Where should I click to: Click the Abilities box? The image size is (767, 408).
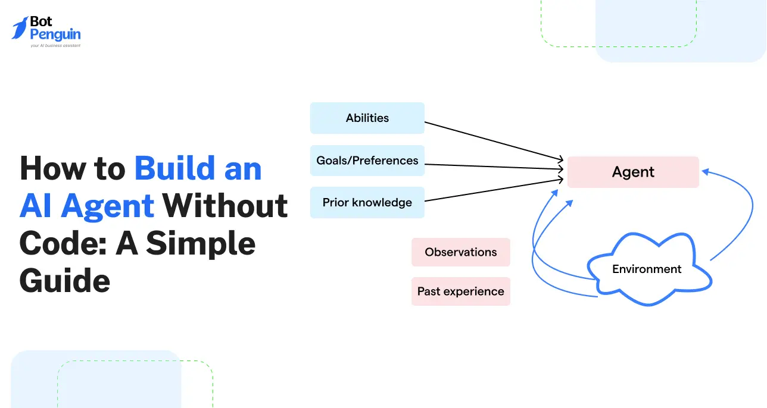367,118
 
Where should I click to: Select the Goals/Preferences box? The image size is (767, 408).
367,161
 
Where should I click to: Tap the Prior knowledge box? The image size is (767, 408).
367,202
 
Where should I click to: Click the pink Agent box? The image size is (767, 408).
632,172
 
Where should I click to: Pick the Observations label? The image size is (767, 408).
460,252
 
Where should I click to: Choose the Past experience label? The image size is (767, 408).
460,291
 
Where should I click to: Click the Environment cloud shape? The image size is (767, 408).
647,269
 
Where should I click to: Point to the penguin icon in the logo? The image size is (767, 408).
20,28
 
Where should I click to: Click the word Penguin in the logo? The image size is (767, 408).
55,34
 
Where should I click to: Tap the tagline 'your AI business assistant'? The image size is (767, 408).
55,45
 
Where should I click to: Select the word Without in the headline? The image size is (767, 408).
225,206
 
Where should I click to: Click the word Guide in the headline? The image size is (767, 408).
64,281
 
